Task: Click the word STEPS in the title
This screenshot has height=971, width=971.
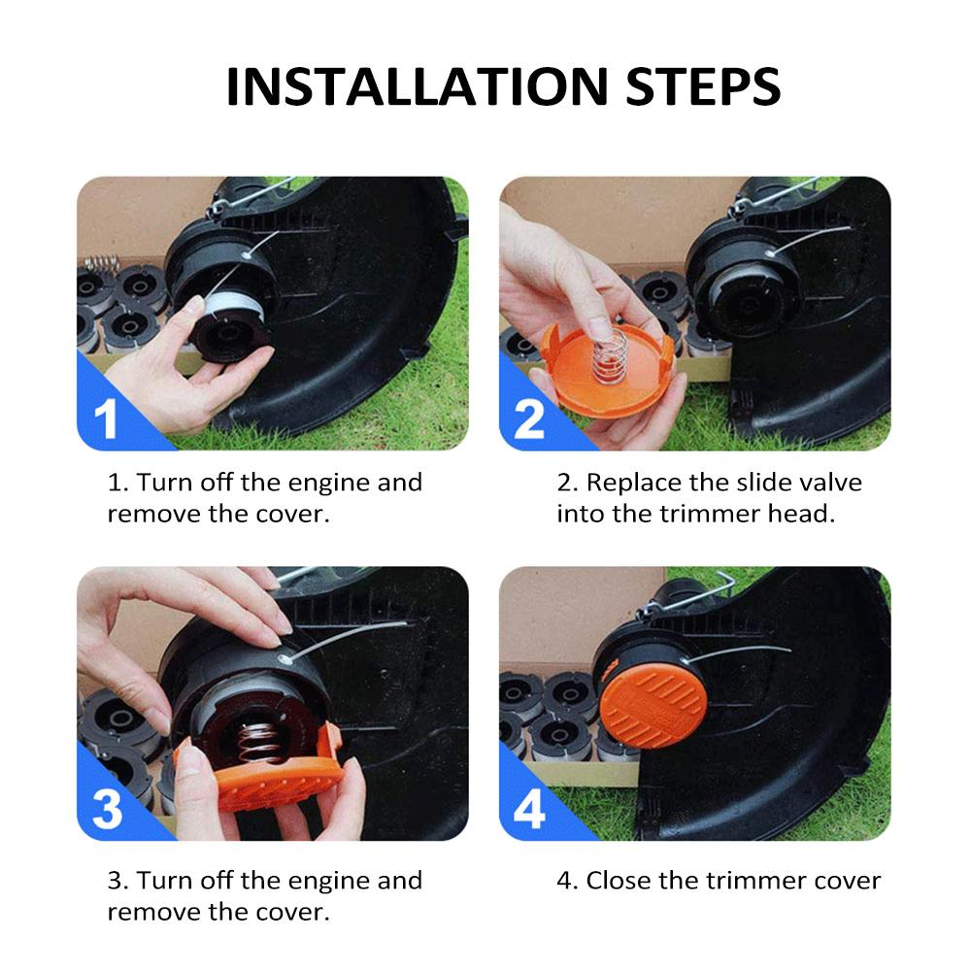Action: tap(703, 86)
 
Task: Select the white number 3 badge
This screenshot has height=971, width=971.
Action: tap(107, 809)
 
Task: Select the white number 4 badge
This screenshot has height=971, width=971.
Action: tap(529, 809)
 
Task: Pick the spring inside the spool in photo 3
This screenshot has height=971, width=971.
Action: tap(260, 742)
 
